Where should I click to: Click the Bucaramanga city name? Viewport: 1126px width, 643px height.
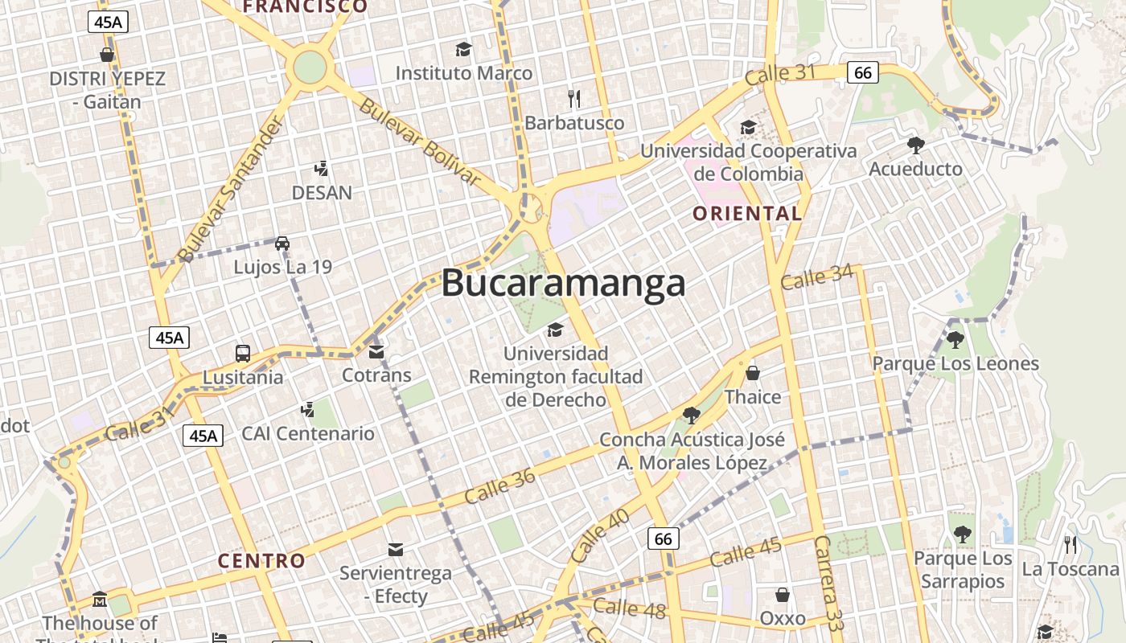[563, 283]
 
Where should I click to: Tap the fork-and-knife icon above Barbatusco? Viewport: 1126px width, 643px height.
[574, 99]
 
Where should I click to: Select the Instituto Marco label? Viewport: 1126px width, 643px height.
[463, 73]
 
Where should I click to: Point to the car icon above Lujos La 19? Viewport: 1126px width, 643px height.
[281, 243]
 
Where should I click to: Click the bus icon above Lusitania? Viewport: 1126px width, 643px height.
[243, 353]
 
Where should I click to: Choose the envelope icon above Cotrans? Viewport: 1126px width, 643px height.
[376, 352]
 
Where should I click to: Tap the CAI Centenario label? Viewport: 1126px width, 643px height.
[308, 434]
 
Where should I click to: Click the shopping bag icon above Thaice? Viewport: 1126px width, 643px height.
[753, 373]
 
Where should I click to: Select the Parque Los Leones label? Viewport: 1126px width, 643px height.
[955, 364]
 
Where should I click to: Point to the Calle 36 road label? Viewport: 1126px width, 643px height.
[499, 486]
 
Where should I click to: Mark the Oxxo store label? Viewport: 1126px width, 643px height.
[783, 618]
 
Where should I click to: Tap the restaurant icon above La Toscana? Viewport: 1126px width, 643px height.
[1071, 545]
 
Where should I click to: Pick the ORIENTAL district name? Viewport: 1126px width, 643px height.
[747, 214]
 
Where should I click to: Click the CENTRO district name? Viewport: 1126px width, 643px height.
[262, 561]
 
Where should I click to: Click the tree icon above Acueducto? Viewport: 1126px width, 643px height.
[915, 145]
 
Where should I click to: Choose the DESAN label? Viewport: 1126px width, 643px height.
[322, 193]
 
